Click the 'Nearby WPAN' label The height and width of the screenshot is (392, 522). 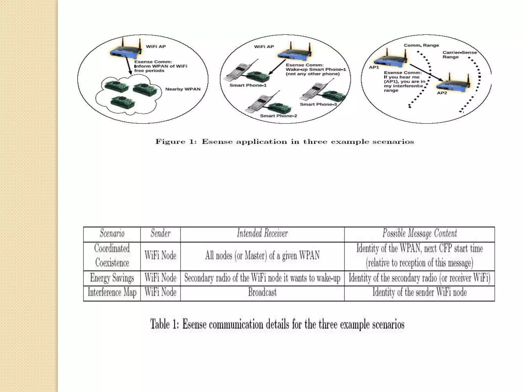(183, 89)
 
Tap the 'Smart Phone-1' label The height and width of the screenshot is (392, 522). (248, 85)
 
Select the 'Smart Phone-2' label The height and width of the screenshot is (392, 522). (278, 116)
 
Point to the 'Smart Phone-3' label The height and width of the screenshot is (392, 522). (318, 104)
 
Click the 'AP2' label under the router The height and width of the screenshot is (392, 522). (442, 93)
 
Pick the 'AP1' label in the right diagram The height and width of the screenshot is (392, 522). (374, 67)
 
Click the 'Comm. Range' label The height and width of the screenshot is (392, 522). (421, 45)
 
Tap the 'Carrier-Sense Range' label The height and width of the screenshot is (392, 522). (459, 55)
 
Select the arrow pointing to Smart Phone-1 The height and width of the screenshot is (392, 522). (277, 67)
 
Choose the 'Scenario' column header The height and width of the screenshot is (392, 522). (112, 234)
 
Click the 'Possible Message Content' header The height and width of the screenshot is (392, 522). (420, 233)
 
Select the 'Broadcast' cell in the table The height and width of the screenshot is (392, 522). (262, 292)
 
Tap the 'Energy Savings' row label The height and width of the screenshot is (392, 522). (112, 278)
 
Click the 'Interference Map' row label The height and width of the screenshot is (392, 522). (112, 292)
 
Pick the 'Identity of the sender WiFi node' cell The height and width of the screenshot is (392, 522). (420, 292)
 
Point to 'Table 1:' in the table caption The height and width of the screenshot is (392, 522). (165, 325)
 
